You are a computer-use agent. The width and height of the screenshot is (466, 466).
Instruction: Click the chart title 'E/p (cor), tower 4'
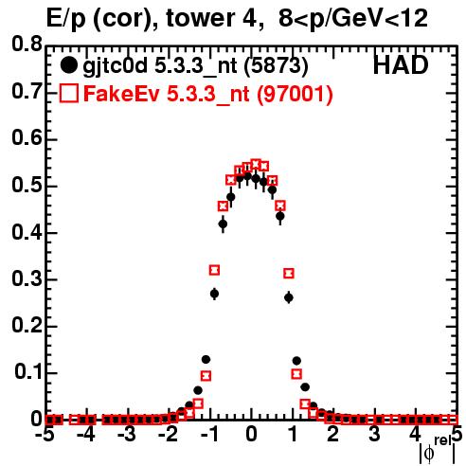click(154, 19)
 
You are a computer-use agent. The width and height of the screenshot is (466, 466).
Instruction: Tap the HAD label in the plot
click(401, 65)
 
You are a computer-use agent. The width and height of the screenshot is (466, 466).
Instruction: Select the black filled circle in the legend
click(68, 65)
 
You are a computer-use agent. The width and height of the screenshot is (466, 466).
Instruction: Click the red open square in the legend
click(68, 94)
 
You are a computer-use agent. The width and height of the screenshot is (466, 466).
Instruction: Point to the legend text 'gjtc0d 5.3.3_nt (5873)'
click(195, 66)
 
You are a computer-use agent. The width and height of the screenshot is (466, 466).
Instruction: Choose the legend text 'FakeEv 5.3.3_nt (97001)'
click(208, 94)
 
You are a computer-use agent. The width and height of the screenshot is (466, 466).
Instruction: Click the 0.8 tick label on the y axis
click(27, 45)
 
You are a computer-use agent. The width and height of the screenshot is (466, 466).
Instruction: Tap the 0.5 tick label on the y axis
click(27, 186)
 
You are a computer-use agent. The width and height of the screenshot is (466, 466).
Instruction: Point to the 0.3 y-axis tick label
click(27, 279)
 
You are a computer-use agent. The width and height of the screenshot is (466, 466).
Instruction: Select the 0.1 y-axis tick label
click(27, 371)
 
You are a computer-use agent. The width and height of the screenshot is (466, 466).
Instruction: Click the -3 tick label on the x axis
click(127, 435)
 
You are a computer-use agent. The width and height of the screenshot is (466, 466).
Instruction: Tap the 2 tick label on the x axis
click(333, 435)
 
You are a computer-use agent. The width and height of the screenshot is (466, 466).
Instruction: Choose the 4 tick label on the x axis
click(415, 435)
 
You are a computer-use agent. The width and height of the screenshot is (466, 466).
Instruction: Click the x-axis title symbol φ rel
click(437, 450)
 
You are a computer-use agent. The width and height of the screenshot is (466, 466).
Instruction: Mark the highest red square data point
click(256, 165)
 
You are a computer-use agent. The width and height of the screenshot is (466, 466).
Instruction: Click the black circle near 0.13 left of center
click(206, 359)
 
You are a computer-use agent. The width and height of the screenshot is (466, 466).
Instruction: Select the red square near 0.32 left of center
click(214, 270)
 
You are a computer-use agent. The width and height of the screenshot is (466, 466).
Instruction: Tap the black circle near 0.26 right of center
click(289, 297)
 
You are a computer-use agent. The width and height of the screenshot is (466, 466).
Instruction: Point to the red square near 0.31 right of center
click(289, 274)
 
